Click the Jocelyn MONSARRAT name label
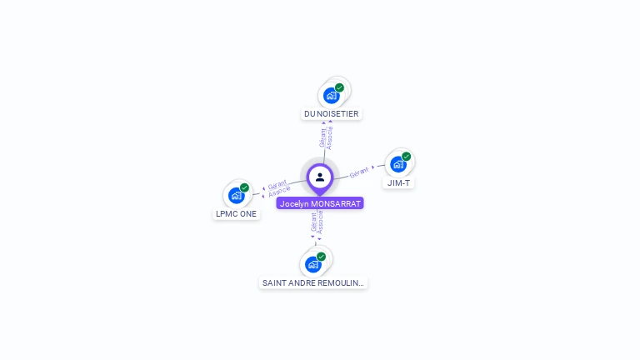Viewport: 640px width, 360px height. coord(320,203)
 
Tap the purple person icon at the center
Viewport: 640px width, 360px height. coord(320,177)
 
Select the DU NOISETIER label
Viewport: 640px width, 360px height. coord(332,113)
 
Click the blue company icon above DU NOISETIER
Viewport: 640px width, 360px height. coord(331,96)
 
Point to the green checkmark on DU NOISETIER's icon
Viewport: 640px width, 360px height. coord(339,87)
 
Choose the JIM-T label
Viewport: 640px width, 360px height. coord(398,182)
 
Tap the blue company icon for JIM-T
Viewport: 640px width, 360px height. coord(398,164)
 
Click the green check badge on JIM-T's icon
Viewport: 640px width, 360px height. coord(407,157)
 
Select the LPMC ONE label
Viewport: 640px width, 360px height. coord(237,213)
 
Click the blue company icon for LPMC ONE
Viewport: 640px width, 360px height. coord(236,196)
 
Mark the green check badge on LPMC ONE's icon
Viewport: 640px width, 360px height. coord(244,187)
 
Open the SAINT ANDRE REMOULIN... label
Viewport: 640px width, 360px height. coord(312,282)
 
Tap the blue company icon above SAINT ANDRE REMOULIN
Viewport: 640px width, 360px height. coord(312,265)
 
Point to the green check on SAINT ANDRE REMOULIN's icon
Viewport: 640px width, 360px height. coord(321,257)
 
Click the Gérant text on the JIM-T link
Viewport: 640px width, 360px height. coord(359,172)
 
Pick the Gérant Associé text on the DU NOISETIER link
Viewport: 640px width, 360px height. coord(327,137)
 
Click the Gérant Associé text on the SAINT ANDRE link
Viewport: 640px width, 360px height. coord(317,222)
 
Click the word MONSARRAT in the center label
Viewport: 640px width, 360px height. coord(336,203)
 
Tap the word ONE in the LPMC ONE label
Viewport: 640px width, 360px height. coord(248,213)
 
